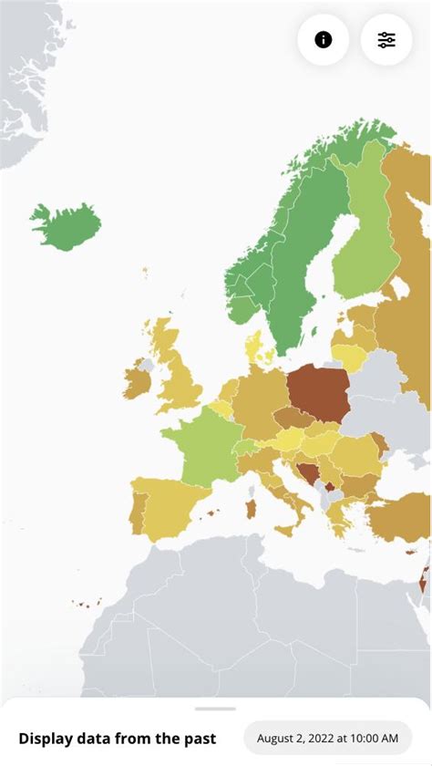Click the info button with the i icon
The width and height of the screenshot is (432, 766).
click(323, 39)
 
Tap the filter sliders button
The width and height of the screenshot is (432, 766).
click(386, 39)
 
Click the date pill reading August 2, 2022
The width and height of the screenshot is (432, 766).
click(327, 738)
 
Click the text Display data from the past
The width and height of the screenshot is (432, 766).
click(118, 738)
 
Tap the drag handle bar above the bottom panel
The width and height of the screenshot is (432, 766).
click(215, 709)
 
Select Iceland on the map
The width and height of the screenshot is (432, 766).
click(66, 225)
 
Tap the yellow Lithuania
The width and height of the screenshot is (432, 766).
click(348, 355)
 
